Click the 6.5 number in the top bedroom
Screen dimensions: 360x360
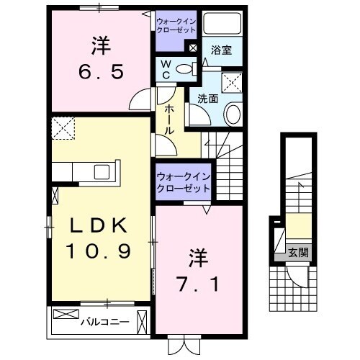[x=101, y=72]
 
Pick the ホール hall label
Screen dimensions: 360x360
[x=168, y=119]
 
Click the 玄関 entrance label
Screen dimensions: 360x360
[x=298, y=253]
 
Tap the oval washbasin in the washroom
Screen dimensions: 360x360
[x=233, y=114]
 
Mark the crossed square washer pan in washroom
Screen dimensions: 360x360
[x=232, y=83]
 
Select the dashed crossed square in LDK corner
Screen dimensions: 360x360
[x=63, y=130]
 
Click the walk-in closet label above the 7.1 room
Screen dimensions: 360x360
[x=183, y=181]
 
